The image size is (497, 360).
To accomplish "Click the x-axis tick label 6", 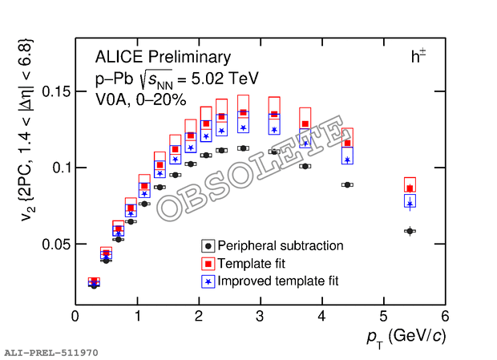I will pyautogui.click(x=444, y=317).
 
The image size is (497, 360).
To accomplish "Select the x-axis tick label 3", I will pyautogui.click(x=260, y=317).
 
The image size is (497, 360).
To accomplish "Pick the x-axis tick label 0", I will pyautogui.click(x=75, y=317).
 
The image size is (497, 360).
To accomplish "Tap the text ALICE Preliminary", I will pyautogui.click(x=163, y=57).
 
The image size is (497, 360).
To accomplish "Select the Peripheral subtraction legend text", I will pyautogui.click(x=281, y=246).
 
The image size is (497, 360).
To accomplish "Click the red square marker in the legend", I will pyautogui.click(x=208, y=264).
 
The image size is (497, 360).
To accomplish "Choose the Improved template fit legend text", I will pyautogui.click(x=278, y=281).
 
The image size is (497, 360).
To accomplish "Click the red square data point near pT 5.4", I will pyautogui.click(x=410, y=188).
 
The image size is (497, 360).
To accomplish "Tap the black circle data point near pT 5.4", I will pyautogui.click(x=410, y=231).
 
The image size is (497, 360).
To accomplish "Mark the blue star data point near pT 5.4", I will pyautogui.click(x=410, y=204).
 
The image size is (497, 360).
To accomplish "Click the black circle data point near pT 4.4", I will pyautogui.click(x=347, y=184).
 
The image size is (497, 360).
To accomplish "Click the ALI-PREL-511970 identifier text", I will pyautogui.click(x=51, y=352).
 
